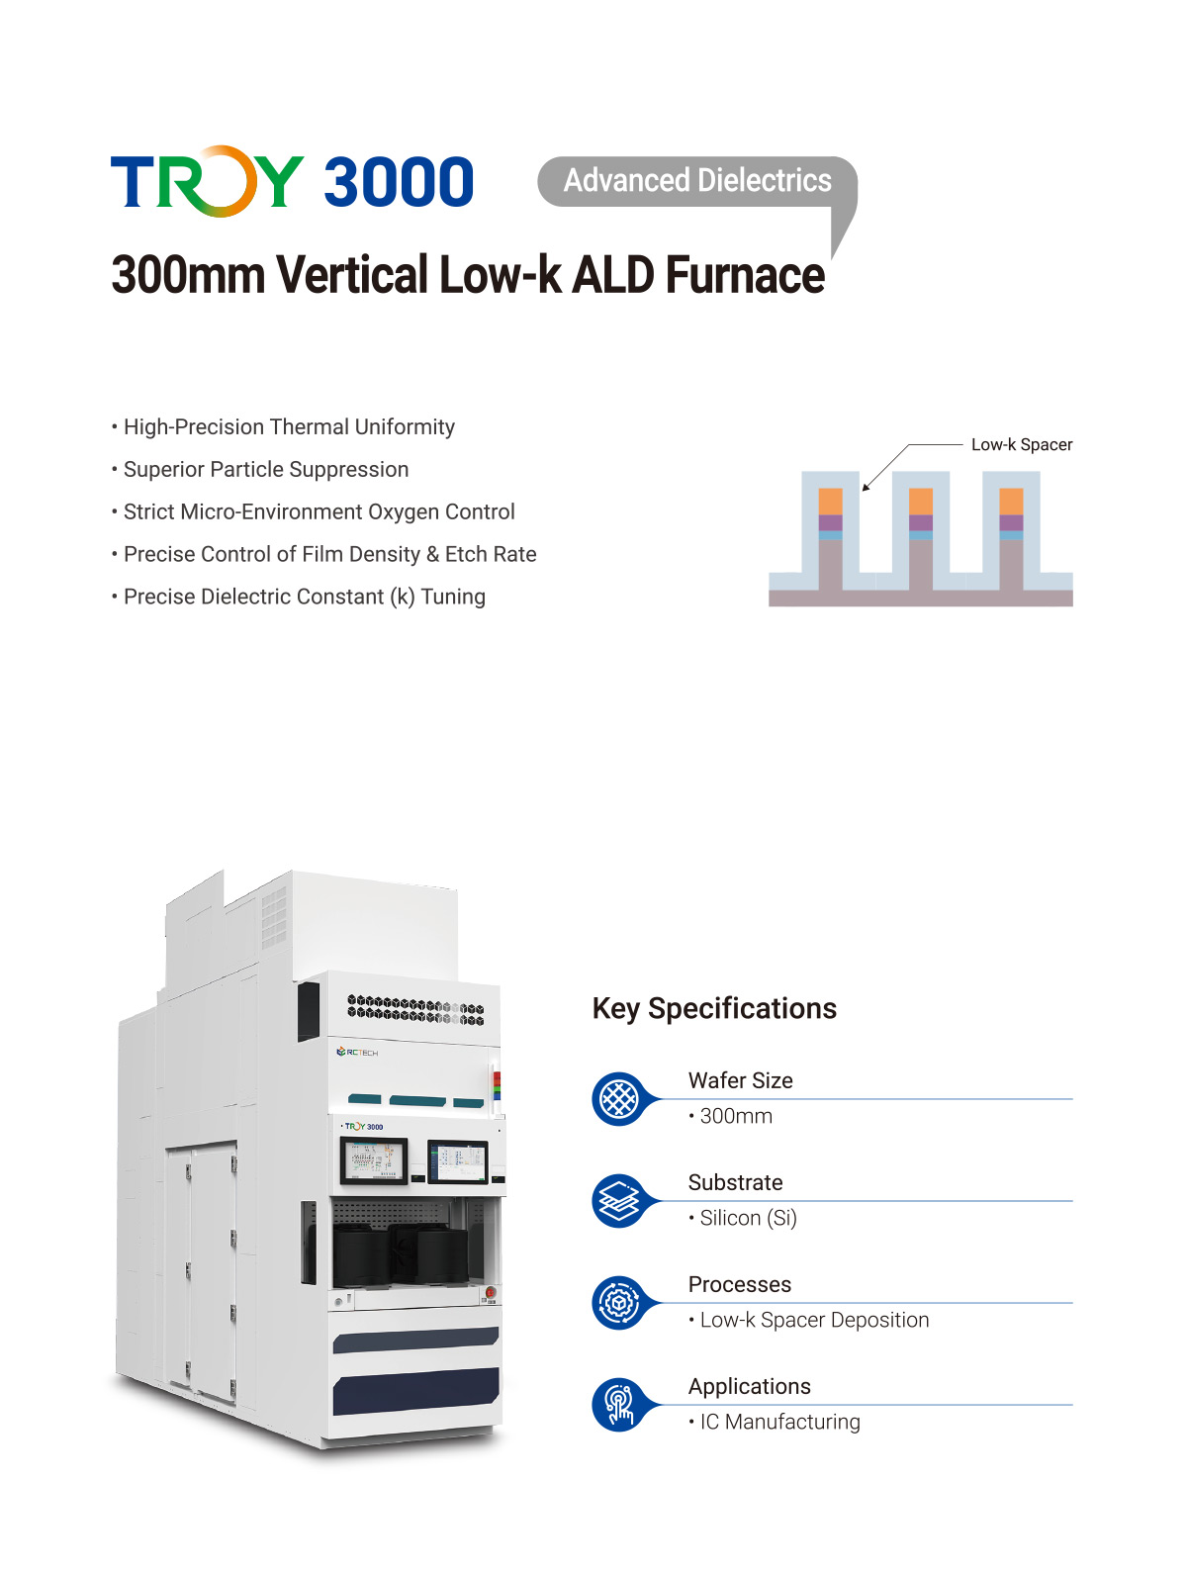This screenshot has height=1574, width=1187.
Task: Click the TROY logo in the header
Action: coord(207,182)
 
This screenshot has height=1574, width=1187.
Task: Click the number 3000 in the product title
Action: coord(399,182)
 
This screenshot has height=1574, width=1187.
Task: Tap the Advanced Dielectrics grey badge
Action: coord(697,181)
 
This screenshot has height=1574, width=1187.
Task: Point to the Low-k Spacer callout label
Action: coord(1021,445)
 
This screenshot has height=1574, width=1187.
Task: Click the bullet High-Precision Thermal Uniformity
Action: coord(289,427)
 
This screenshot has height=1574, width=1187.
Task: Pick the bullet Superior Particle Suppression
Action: coord(265,470)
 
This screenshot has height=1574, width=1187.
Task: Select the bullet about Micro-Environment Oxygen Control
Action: coord(319,512)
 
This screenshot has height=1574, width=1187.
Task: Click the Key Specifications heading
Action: coord(714,1008)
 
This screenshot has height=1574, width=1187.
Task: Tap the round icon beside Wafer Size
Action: coord(619,1099)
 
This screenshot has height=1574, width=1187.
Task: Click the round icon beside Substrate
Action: coord(619,1201)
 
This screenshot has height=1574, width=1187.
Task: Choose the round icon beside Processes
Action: coord(619,1303)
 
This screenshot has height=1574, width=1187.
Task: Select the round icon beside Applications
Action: coord(619,1405)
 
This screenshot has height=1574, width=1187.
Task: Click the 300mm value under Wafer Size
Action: coord(736,1116)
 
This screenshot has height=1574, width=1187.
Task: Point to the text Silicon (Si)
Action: coord(748,1218)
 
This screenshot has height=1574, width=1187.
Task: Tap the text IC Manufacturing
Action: coord(779,1422)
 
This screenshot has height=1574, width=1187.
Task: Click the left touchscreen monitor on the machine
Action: coord(374,1160)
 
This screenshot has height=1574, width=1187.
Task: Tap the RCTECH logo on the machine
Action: coord(357,1053)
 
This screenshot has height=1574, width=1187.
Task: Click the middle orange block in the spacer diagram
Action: coord(920,501)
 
